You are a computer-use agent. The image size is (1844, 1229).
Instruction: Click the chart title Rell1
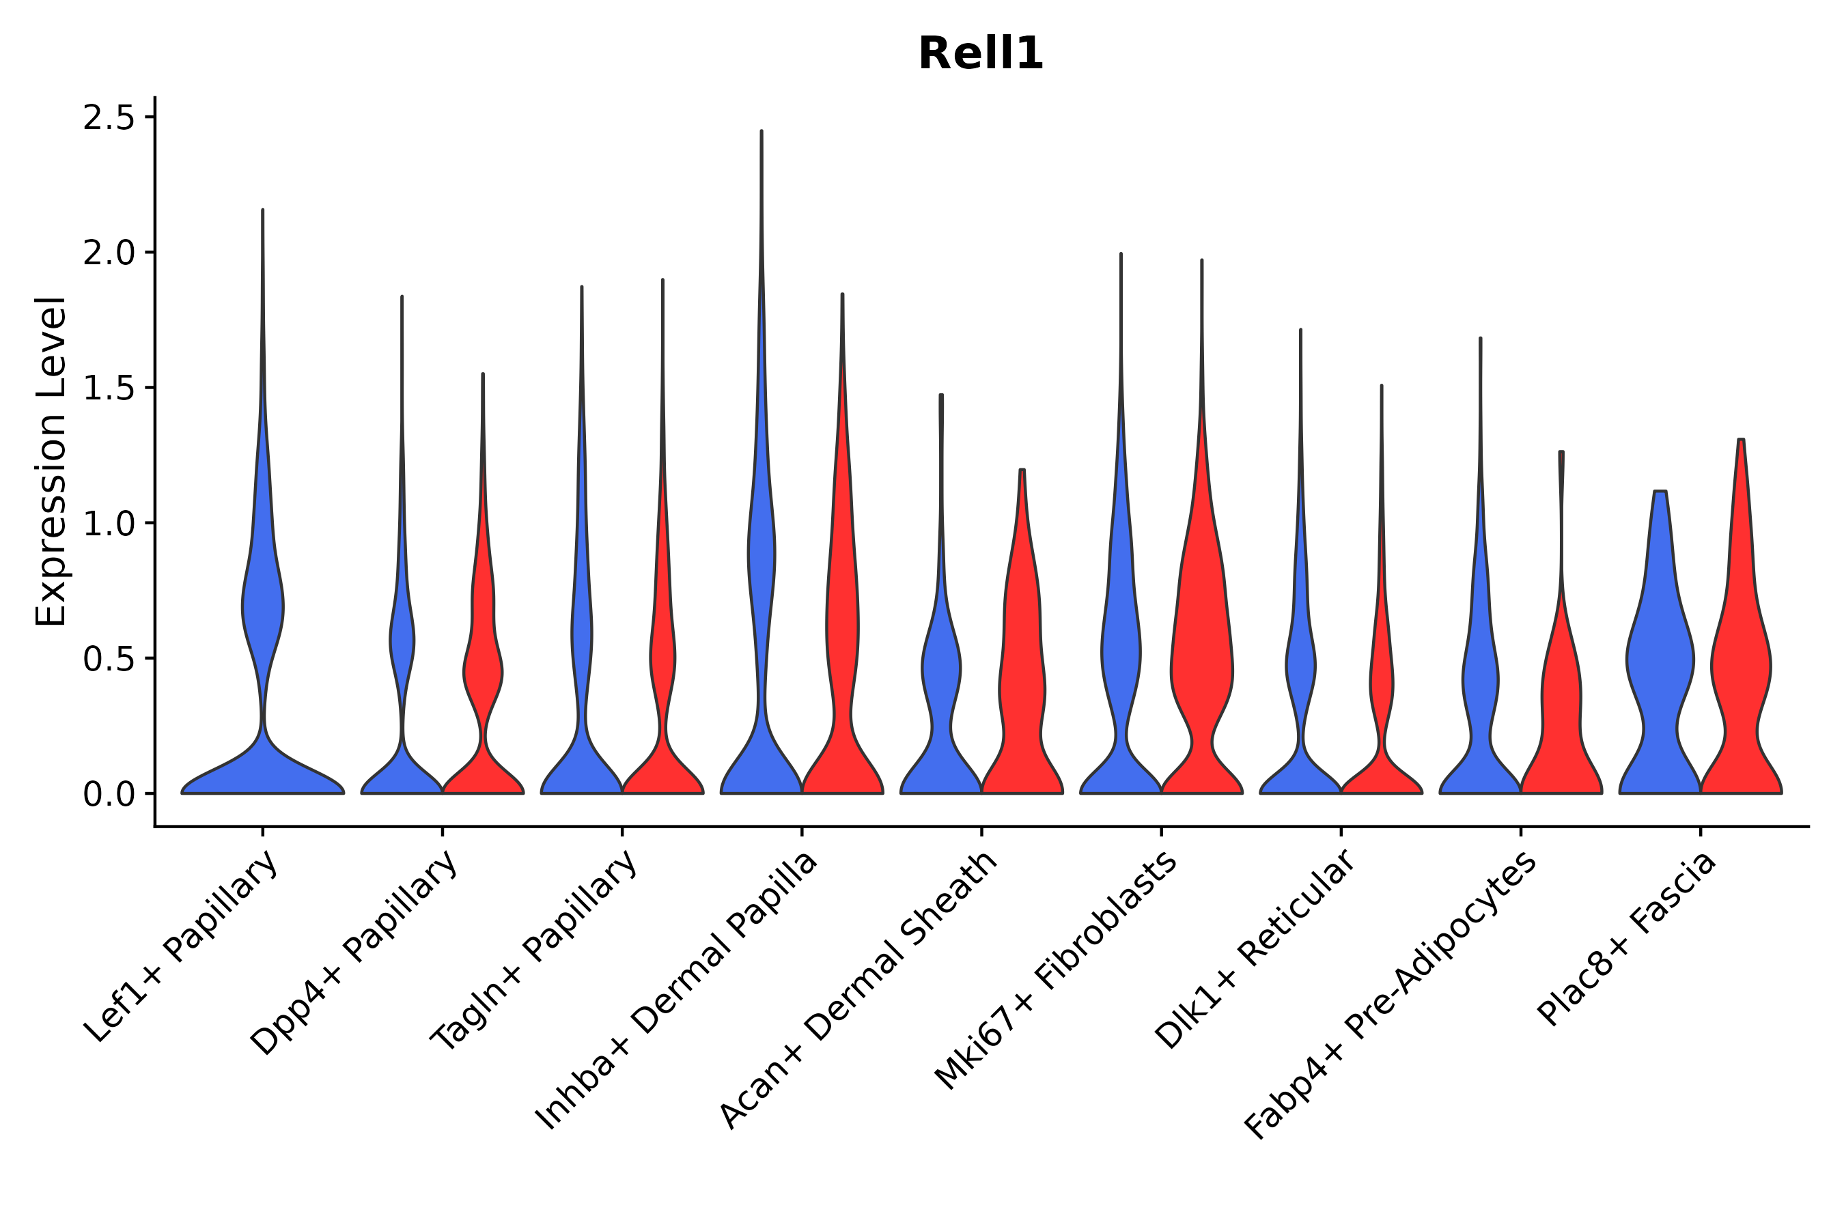tap(980, 54)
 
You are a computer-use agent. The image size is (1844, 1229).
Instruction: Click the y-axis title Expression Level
tap(52, 461)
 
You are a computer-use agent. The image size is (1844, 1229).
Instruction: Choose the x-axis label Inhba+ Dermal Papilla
tap(677, 991)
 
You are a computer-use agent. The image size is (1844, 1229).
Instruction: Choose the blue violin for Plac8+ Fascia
tap(1660, 666)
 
